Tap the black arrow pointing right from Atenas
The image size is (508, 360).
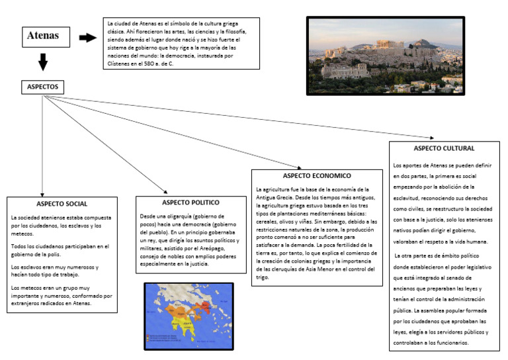tap(87, 37)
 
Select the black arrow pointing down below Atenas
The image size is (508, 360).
tap(43, 62)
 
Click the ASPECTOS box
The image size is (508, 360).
tap(43, 87)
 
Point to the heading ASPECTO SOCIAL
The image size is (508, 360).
tap(62, 203)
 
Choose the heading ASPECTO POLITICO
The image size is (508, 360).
tap(190, 202)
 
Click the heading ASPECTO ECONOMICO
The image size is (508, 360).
tap(316, 176)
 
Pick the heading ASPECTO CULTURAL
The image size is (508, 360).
tap(444, 148)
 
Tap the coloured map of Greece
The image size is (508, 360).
tap(189, 316)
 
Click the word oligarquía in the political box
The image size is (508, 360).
tap(174, 216)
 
